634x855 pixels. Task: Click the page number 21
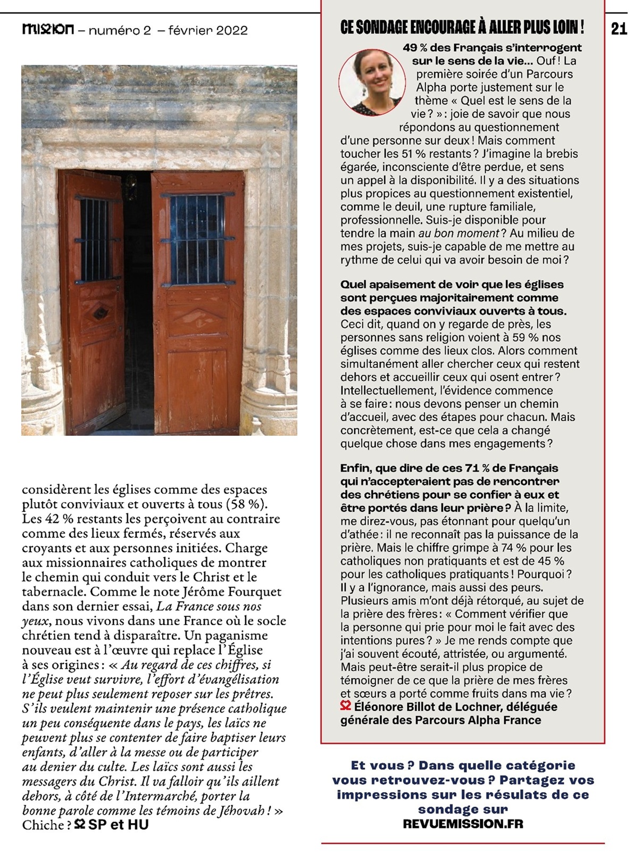click(x=619, y=28)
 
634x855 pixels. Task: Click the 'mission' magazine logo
click(x=48, y=30)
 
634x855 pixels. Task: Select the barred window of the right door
click(x=197, y=239)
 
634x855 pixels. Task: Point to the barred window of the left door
click(x=96, y=239)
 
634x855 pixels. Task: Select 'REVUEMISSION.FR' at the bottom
click(x=463, y=824)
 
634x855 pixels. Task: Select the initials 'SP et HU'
click(x=118, y=825)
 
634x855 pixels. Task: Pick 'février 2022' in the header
click(x=207, y=30)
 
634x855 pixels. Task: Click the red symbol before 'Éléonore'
click(x=346, y=707)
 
